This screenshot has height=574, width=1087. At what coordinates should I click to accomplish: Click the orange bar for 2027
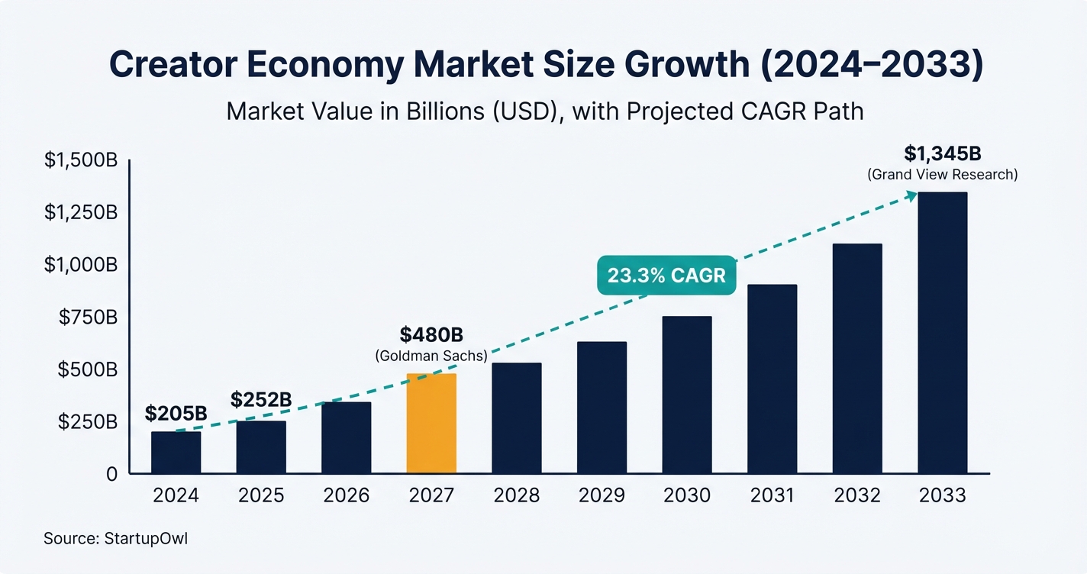pyautogui.click(x=431, y=423)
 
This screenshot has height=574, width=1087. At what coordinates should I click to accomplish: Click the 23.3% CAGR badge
pyautogui.click(x=666, y=276)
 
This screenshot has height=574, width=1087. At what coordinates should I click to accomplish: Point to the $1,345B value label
pyautogui.click(x=942, y=153)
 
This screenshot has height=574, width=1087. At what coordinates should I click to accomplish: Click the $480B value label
pyautogui.click(x=431, y=335)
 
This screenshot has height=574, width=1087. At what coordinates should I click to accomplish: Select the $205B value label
pyautogui.click(x=176, y=414)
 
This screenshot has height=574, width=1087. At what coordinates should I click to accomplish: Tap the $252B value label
pyautogui.click(x=262, y=400)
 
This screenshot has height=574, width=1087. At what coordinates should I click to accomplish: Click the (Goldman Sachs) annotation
pyautogui.click(x=431, y=356)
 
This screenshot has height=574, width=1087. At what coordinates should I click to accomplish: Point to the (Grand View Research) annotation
pyautogui.click(x=942, y=175)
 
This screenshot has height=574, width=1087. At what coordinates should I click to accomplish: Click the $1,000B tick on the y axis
pyautogui.click(x=80, y=265)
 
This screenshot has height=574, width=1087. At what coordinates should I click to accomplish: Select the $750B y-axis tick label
pyautogui.click(x=88, y=317)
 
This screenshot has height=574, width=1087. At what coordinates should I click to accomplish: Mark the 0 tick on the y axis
pyautogui.click(x=111, y=474)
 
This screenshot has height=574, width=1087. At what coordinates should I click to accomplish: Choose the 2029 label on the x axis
pyautogui.click(x=602, y=495)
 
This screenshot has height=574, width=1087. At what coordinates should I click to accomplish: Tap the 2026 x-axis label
pyautogui.click(x=346, y=495)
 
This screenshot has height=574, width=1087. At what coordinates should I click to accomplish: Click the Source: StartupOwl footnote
pyautogui.click(x=115, y=539)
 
